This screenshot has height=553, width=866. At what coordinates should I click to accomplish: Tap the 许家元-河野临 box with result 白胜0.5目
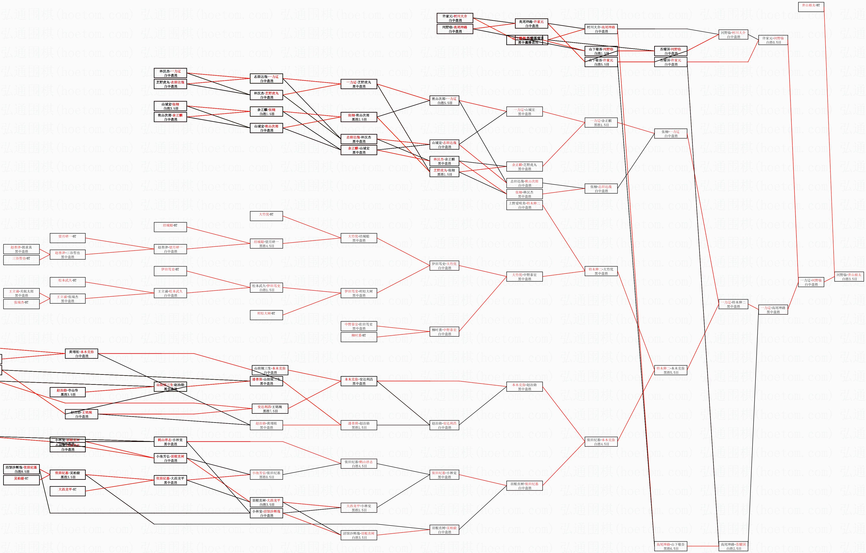[x=773, y=40]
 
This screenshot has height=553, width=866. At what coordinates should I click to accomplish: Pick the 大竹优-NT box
[x=266, y=216]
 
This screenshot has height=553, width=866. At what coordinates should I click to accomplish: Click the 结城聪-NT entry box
[x=170, y=227]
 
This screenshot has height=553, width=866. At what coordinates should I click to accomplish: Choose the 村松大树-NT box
[x=266, y=315]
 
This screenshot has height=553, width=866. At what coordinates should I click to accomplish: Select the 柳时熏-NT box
[x=359, y=337]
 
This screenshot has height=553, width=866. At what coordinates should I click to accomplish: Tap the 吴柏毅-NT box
[x=21, y=480]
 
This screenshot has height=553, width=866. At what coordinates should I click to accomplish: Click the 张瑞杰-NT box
[x=21, y=304]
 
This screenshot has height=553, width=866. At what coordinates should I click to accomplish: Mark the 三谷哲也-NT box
[x=21, y=260]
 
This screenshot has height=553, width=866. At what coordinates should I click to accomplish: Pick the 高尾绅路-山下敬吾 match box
[x=670, y=546]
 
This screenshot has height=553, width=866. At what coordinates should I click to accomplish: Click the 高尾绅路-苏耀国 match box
[x=733, y=546]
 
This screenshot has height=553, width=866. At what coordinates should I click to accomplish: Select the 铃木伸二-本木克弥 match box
[x=670, y=370]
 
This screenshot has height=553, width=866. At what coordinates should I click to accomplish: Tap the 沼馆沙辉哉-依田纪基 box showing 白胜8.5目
[x=21, y=469]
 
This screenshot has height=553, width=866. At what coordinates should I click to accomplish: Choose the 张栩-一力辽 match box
[x=670, y=134]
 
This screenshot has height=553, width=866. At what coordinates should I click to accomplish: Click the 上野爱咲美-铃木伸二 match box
[x=524, y=205]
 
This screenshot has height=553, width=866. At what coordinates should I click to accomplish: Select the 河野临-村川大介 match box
[x=733, y=34]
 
